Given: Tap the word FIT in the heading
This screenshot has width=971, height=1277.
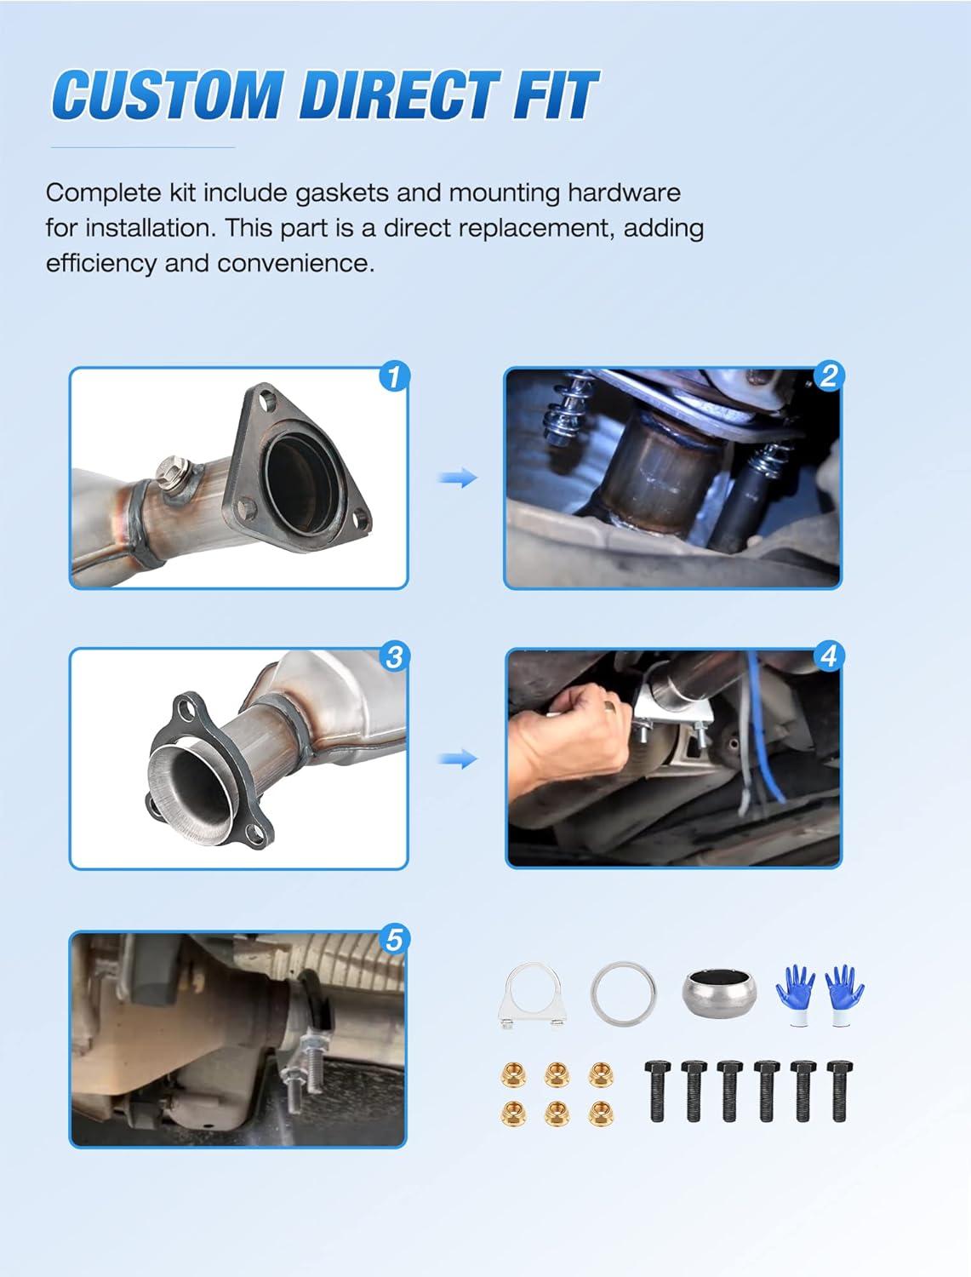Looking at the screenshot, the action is pyautogui.click(x=555, y=94).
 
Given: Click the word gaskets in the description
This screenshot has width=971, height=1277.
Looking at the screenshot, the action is pyautogui.click(x=341, y=193).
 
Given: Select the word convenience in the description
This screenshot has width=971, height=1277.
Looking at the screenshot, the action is pyautogui.click(x=295, y=264).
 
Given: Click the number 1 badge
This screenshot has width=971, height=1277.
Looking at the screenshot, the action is pyautogui.click(x=394, y=376).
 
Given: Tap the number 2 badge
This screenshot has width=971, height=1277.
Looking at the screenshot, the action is pyautogui.click(x=829, y=376).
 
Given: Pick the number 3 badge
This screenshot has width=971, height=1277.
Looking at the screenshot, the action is pyautogui.click(x=394, y=657).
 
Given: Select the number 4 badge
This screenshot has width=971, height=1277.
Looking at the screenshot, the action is pyautogui.click(x=829, y=657).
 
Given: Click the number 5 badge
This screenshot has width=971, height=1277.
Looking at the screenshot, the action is pyautogui.click(x=394, y=940).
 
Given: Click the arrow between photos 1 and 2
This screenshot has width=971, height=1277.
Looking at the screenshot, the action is pyautogui.click(x=458, y=478).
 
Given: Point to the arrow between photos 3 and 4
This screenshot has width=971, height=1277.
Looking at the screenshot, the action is pyautogui.click(x=458, y=759).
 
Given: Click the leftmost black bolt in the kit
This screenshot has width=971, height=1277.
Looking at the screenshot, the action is pyautogui.click(x=657, y=1091).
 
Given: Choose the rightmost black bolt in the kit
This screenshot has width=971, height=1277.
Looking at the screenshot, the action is pyautogui.click(x=839, y=1091).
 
